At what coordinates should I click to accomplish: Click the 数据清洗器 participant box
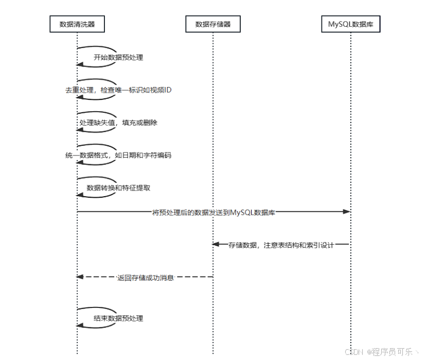(x=77, y=24)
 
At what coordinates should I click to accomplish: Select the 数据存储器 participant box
(x=213, y=24)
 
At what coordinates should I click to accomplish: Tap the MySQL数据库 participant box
(x=350, y=24)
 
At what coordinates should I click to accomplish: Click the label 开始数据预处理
(x=118, y=57)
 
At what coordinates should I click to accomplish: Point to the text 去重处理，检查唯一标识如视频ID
(x=118, y=90)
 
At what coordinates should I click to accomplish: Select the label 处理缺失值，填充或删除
(x=118, y=123)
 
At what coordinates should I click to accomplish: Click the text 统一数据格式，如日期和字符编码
(x=118, y=155)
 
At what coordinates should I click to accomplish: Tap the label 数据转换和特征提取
(x=118, y=187)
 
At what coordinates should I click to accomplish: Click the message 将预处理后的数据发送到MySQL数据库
(x=213, y=212)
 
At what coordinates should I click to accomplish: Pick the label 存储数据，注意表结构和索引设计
(x=281, y=245)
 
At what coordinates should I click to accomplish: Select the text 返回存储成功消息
(x=145, y=277)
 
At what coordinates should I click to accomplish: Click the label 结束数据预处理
(x=118, y=318)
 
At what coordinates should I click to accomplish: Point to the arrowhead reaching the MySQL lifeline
(x=346, y=212)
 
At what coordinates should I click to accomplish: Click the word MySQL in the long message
(x=241, y=212)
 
